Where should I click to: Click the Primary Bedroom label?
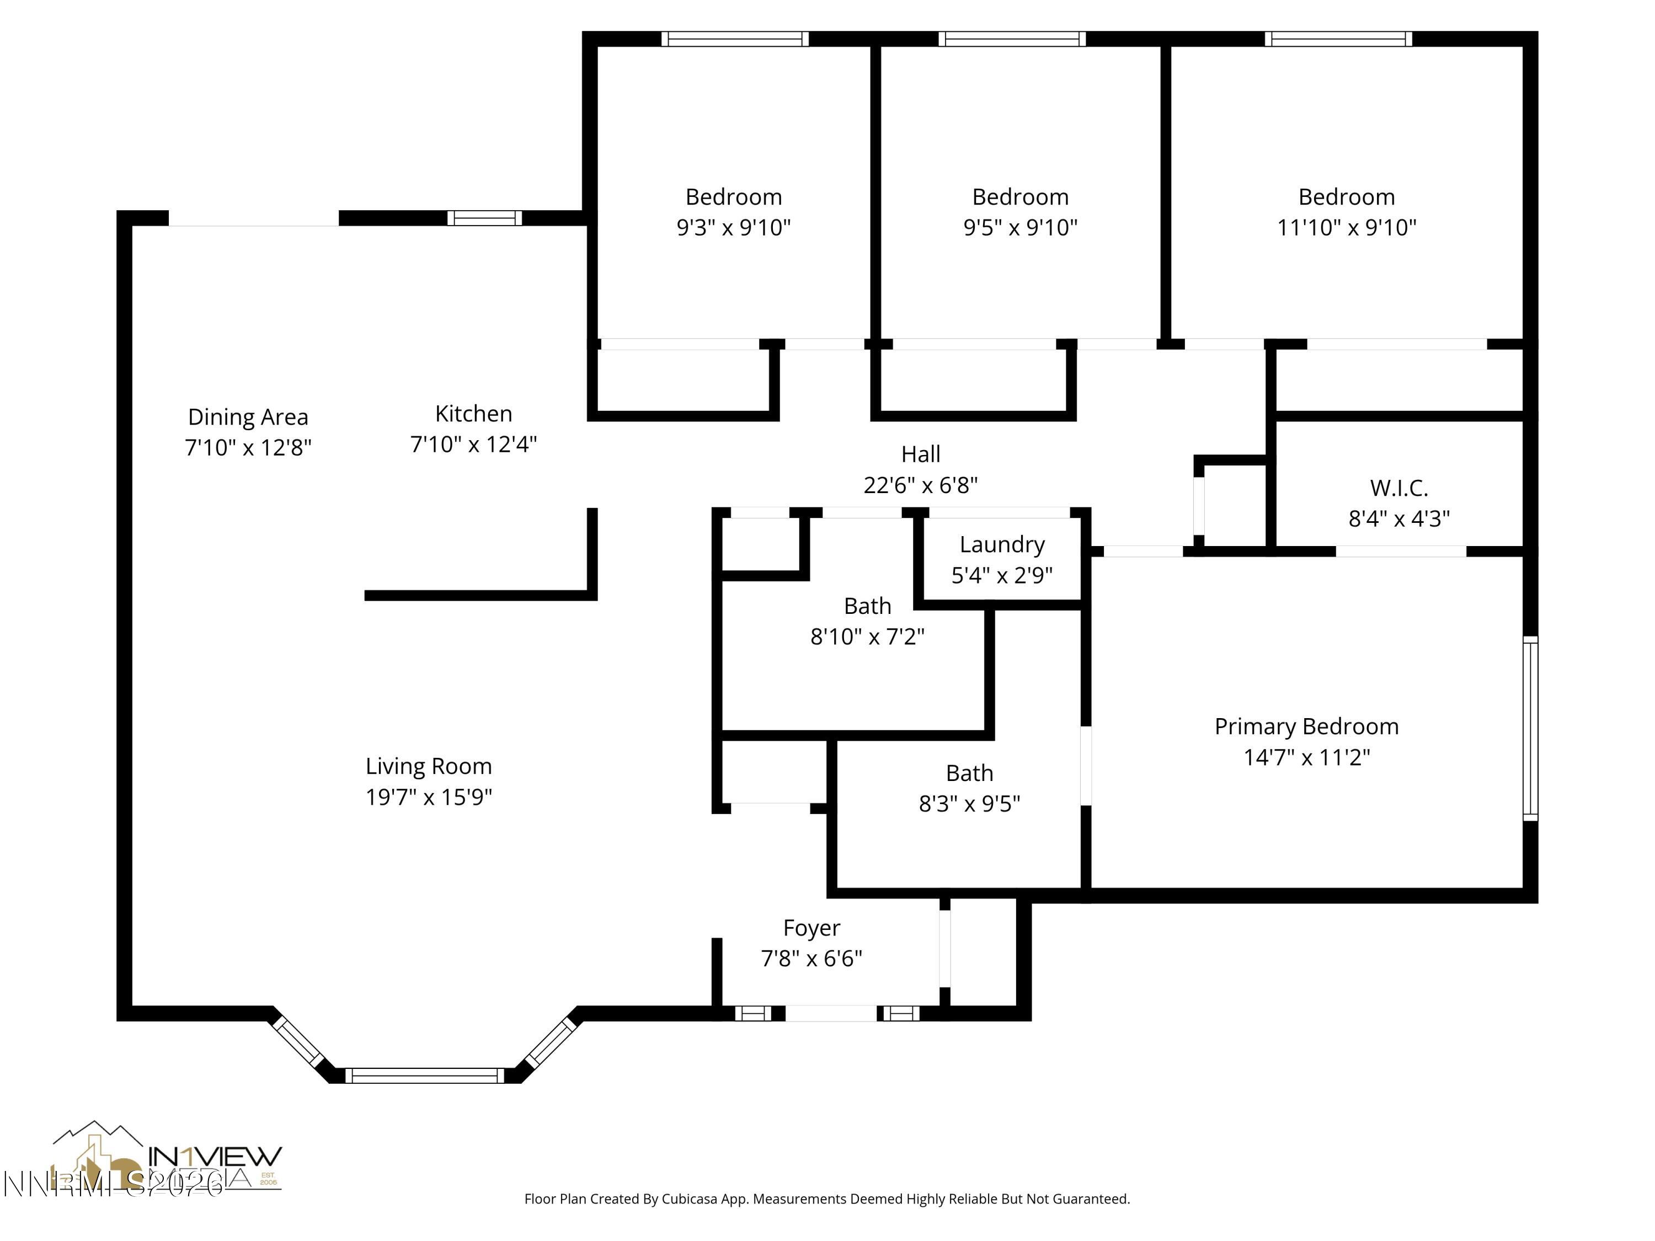[1306, 726]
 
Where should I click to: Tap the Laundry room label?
[1002, 544]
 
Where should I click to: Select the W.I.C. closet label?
[1398, 488]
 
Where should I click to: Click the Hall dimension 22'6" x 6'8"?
[920, 485]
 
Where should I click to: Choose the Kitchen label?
[473, 414]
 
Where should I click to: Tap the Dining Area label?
[248, 416]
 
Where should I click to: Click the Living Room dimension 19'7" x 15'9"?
[429, 796]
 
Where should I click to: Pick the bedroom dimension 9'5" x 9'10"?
[1020, 227]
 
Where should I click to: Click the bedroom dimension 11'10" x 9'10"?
[1346, 227]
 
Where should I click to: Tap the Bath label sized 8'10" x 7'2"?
[867, 606]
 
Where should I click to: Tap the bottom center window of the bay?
[424, 1076]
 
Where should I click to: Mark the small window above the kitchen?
[484, 218]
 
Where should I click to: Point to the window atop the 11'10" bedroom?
[1338, 39]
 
